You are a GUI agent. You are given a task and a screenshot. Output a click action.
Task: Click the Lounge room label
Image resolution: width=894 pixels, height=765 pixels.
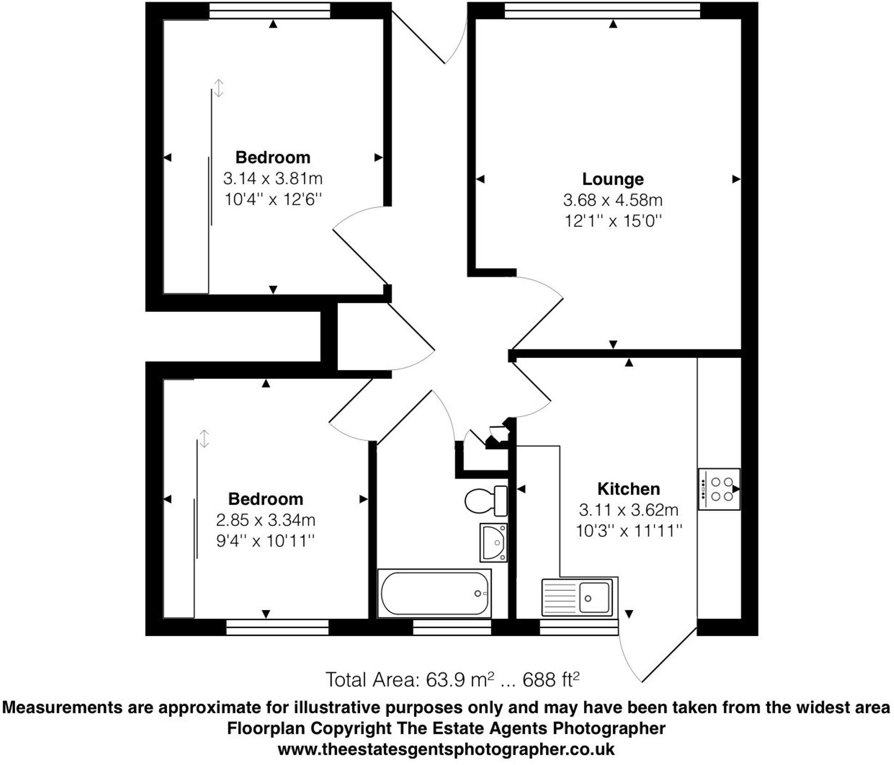click(612, 179)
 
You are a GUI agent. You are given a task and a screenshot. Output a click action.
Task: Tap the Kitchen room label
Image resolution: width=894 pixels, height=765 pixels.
click(628, 489)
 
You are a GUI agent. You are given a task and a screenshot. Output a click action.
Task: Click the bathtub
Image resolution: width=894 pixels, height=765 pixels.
click(434, 594)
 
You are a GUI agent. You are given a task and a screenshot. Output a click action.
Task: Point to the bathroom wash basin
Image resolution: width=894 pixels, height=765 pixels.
click(494, 542)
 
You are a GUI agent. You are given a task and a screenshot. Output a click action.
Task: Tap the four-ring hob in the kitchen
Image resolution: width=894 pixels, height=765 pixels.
click(719, 489)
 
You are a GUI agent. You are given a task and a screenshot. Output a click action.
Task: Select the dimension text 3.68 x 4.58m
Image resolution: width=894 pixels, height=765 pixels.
click(612, 200)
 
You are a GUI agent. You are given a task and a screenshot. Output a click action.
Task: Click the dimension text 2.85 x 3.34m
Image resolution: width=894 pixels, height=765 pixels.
click(266, 520)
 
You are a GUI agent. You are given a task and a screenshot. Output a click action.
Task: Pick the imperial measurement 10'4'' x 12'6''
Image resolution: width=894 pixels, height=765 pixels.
click(272, 200)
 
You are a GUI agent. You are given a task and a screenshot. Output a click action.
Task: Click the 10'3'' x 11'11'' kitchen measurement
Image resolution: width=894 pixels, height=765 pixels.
click(628, 531)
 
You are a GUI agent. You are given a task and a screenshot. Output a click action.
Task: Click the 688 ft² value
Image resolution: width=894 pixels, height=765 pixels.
click(550, 680)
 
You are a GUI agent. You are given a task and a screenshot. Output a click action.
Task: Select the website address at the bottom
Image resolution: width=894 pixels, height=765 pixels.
click(446, 749)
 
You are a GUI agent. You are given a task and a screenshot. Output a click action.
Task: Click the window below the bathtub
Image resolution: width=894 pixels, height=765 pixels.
click(451, 627)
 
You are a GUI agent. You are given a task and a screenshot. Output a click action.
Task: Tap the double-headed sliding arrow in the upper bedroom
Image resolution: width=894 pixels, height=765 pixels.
click(219, 87)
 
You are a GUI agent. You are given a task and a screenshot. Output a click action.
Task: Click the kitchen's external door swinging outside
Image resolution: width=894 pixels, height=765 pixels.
click(656, 656)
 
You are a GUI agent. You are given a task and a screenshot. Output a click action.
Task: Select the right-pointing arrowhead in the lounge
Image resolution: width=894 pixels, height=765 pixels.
click(736, 179)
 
